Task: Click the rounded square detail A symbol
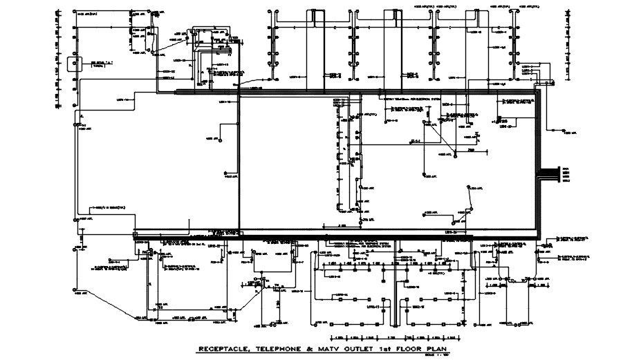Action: point(74,66)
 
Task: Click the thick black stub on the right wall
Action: point(550,173)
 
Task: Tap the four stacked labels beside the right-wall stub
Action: point(566,173)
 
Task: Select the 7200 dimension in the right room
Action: point(470,149)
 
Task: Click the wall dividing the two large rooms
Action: point(239,162)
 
